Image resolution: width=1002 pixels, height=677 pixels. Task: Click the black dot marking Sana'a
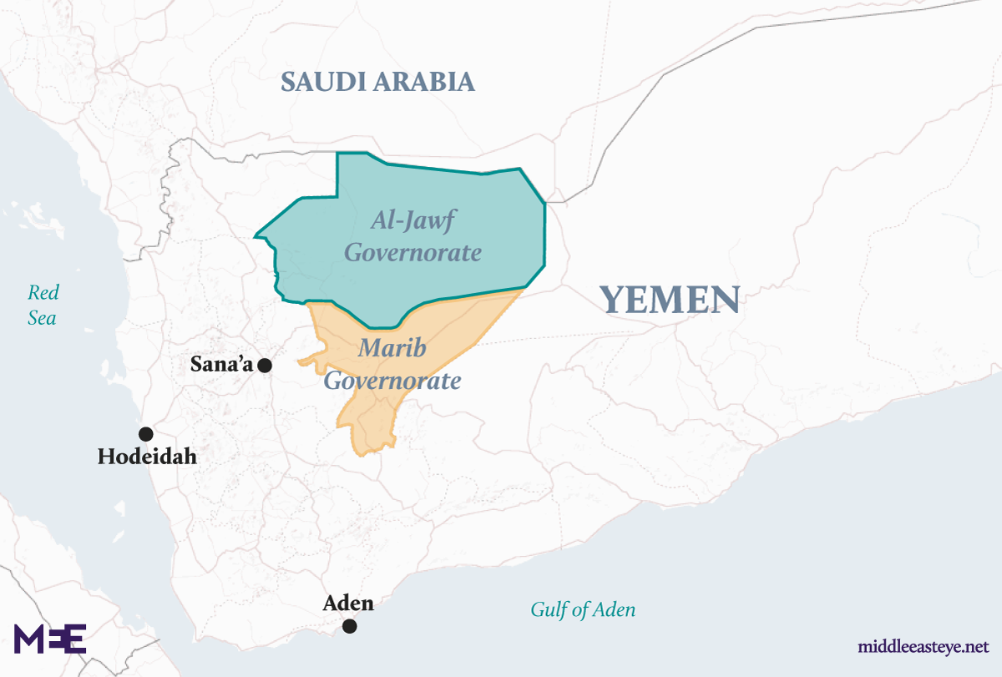click(265, 365)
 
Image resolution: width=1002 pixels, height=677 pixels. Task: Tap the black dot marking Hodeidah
click(146, 434)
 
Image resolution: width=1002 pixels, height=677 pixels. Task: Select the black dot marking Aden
click(350, 626)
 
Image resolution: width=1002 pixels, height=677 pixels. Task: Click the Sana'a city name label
click(222, 365)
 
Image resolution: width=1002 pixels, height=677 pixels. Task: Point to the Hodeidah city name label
click(147, 457)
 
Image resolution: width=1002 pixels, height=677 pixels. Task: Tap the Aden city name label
click(348, 603)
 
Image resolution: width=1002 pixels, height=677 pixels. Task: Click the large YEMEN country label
click(670, 300)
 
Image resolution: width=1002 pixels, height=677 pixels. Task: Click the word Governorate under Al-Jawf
click(413, 252)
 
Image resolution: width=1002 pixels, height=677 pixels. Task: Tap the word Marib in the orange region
click(392, 349)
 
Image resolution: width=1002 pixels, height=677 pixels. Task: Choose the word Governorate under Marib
click(392, 381)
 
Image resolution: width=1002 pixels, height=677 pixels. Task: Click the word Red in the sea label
click(43, 292)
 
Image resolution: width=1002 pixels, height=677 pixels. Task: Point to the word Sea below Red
click(42, 317)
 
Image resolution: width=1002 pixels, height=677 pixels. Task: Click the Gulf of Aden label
click(583, 610)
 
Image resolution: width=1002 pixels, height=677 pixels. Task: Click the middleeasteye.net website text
click(923, 647)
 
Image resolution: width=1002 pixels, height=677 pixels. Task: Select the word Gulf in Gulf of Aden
click(548, 610)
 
